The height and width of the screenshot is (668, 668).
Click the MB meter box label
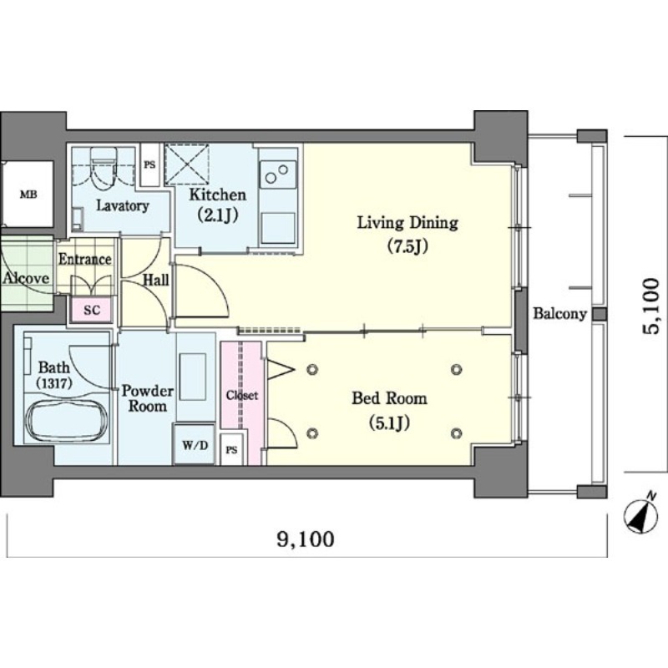28,195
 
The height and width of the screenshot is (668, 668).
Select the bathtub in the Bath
66,421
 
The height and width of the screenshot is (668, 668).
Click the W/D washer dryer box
195,445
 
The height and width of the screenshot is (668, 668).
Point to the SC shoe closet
92,310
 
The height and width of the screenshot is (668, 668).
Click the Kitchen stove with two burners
278,175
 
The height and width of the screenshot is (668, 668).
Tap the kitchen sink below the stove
278,228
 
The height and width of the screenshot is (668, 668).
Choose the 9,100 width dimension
306,539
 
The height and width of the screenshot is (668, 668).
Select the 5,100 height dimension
651,306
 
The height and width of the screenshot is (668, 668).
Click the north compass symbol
641,514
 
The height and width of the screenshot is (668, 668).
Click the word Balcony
560,314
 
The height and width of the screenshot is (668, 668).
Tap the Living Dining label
407,223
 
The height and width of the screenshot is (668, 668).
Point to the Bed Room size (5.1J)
389,423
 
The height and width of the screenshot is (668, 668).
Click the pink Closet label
242,395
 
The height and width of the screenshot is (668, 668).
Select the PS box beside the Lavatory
149,164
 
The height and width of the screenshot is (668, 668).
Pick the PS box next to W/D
232,449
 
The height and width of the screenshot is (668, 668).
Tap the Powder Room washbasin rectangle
193,377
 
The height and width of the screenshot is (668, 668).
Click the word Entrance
85,260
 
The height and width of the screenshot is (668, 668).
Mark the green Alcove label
26,279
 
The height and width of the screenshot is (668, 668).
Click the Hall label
156,280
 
